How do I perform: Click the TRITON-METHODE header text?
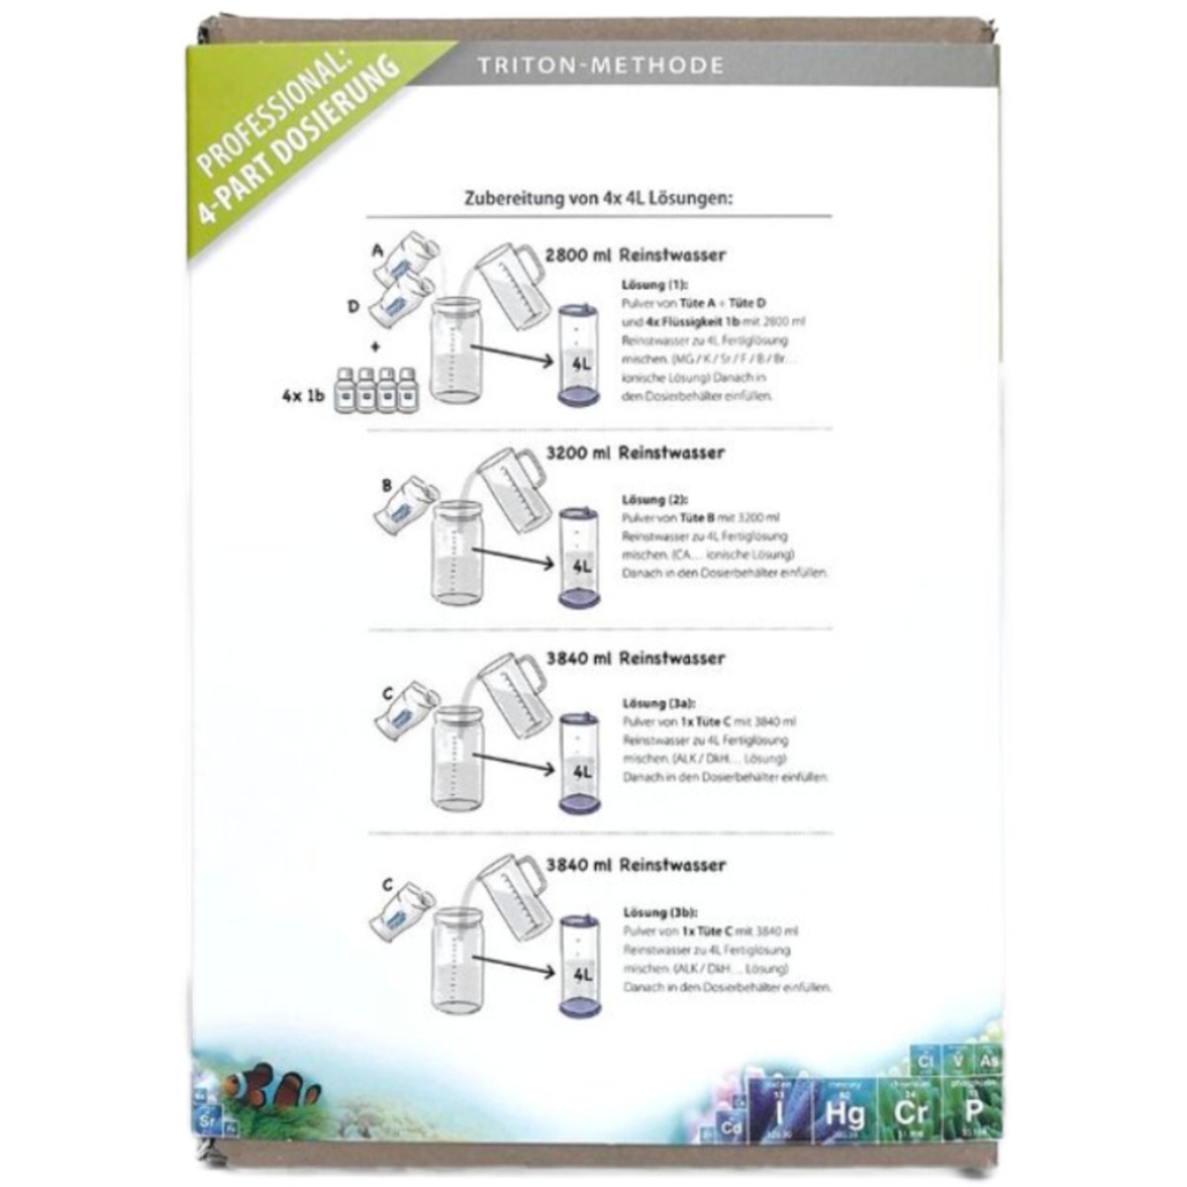600,66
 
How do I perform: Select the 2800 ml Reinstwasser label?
635,255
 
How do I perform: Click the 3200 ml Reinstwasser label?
635,453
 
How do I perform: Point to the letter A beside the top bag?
377,250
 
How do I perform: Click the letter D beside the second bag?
353,306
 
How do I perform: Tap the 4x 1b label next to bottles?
303,395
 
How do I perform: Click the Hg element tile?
844,1111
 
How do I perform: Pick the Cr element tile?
906,1109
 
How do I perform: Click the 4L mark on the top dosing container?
581,364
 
